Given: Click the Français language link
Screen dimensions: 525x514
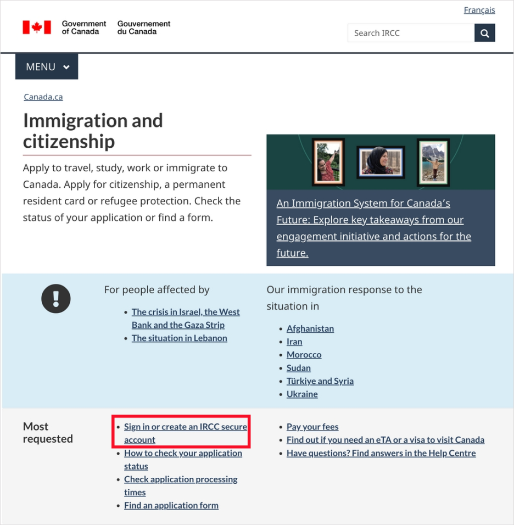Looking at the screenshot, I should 479,10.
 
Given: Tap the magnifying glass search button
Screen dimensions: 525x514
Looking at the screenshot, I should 484,33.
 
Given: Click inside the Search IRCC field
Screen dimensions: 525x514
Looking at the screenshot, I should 411,33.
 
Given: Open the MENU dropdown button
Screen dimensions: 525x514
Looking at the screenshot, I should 47,67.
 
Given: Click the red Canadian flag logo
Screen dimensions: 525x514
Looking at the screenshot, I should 37,27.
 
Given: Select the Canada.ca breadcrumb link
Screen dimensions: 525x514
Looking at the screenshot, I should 43,97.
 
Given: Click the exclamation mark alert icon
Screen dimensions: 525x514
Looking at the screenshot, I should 56,299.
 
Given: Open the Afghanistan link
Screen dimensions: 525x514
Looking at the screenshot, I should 310,328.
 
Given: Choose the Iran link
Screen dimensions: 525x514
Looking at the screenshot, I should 294,342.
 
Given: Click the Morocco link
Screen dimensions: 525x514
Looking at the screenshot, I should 304,355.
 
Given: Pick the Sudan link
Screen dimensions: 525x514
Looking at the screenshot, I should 298,368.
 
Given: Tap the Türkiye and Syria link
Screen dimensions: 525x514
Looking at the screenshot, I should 320,381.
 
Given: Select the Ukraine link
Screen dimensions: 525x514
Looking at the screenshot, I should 302,394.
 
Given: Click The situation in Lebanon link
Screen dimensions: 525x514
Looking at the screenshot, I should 179,338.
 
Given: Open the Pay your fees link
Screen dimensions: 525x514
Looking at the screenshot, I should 312,427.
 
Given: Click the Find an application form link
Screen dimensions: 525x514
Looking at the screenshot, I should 171,505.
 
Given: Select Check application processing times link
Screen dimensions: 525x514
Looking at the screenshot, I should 180,479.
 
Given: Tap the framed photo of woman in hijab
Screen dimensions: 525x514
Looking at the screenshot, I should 381,161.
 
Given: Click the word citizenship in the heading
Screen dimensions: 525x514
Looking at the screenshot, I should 69,142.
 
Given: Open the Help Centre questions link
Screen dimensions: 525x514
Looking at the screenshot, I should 381,453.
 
